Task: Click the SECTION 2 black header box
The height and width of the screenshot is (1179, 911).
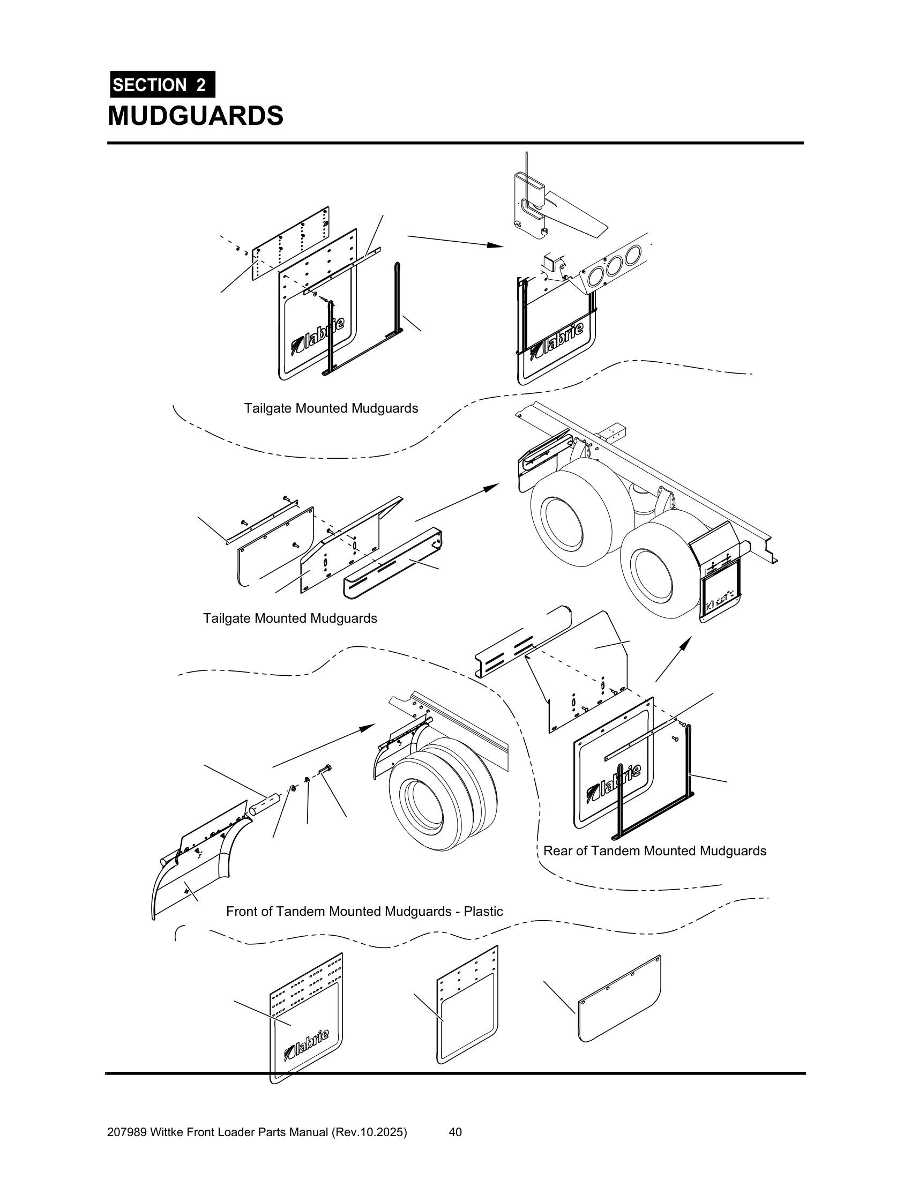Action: (x=162, y=85)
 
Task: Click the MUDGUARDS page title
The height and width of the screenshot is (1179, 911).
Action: (x=196, y=116)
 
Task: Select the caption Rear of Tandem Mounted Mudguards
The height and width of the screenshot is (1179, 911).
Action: (x=655, y=851)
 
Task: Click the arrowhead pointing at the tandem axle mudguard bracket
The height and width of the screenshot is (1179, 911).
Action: (x=492, y=487)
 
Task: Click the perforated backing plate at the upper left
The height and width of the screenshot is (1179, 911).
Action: (x=292, y=243)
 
